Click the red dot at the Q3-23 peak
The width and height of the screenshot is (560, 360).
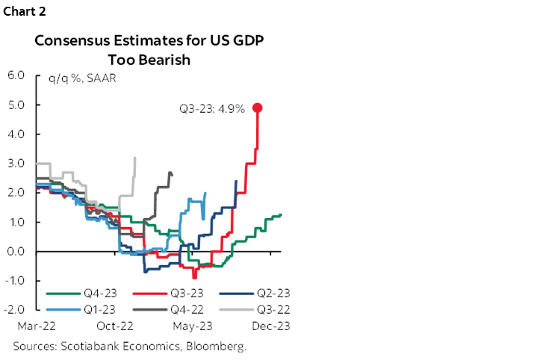258,108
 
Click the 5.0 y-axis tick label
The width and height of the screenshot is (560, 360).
16,105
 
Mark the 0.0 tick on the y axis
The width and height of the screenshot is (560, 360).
16,252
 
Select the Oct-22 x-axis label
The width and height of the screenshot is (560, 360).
116,326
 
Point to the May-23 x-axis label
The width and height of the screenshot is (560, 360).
196,326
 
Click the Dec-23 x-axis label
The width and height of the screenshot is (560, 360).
273,326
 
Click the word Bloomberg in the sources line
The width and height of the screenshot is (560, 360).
217,347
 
